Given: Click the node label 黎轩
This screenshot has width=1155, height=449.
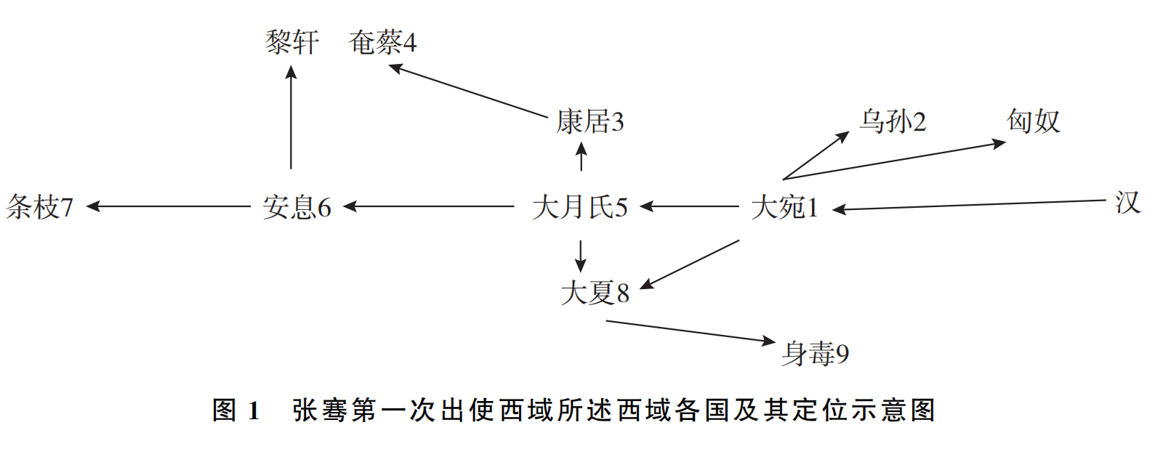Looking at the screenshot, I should pos(291,42).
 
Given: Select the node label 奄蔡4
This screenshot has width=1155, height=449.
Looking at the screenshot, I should pos(382,42).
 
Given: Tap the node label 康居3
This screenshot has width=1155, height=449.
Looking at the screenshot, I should pos(589,121).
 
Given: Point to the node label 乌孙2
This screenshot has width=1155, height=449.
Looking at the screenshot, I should pos(893,121).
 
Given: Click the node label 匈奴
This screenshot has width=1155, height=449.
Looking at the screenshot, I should pos(1033,121).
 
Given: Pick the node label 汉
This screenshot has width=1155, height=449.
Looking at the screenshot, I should pos(1127,203).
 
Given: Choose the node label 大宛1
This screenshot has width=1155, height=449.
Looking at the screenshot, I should pos(784,207).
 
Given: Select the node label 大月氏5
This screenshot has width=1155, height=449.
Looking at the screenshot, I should pos(579,207).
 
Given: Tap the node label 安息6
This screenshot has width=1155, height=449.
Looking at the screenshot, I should pos(297,207).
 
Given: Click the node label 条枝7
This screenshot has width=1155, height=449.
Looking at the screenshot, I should pos(40,207).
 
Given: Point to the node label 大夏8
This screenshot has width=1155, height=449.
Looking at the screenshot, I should pos(595,293).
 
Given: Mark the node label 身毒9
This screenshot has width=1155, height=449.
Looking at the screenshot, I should pos(815,354).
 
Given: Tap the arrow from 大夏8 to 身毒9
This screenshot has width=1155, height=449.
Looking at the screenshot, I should pos(691,331).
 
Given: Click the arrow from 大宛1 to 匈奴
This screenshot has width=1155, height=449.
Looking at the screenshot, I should pos(894,161).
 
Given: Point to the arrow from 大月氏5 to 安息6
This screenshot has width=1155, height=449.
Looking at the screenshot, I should pos(429,207).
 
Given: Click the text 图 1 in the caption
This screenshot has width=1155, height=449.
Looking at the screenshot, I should pos(236,410).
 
